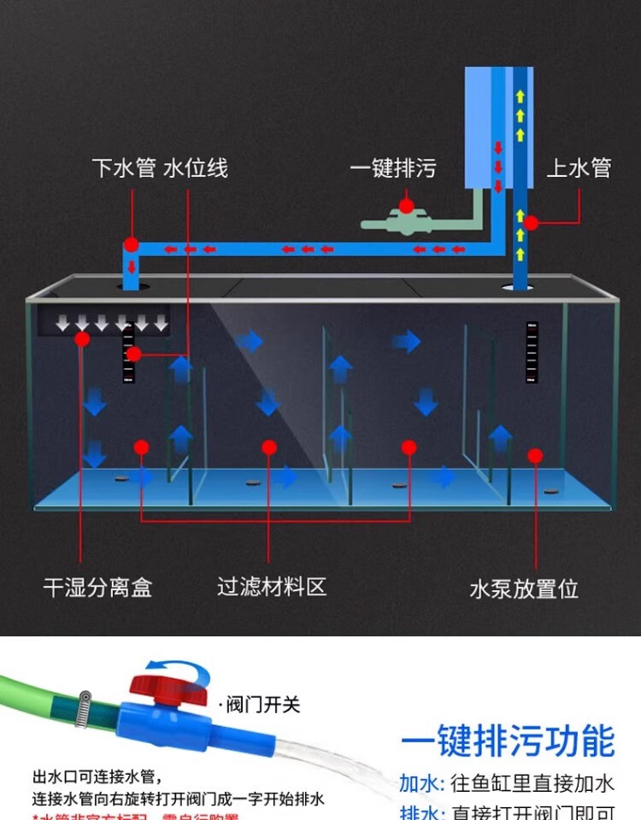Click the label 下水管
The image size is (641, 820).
pyautogui.click(x=123, y=167)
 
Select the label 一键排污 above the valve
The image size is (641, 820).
pyautogui.click(x=392, y=168)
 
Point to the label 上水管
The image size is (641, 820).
pyautogui.click(x=579, y=168)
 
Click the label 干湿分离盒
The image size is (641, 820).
pyautogui.click(x=97, y=588)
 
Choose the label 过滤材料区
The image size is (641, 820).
pyautogui.click(x=272, y=588)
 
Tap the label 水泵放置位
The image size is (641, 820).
pyautogui.click(x=524, y=589)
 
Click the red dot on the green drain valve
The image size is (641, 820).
pyautogui.click(x=406, y=206)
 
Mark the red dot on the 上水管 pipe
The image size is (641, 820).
pyautogui.click(x=531, y=223)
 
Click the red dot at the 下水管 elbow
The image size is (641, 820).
pyautogui.click(x=131, y=244)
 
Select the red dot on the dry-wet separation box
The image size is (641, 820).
pyautogui.click(x=82, y=339)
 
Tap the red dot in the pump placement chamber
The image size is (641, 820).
pyautogui.click(x=535, y=455)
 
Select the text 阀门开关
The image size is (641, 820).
pyautogui.click(x=261, y=705)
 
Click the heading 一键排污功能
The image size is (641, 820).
pyautogui.click(x=508, y=741)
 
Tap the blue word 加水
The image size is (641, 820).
pyautogui.click(x=420, y=783)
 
